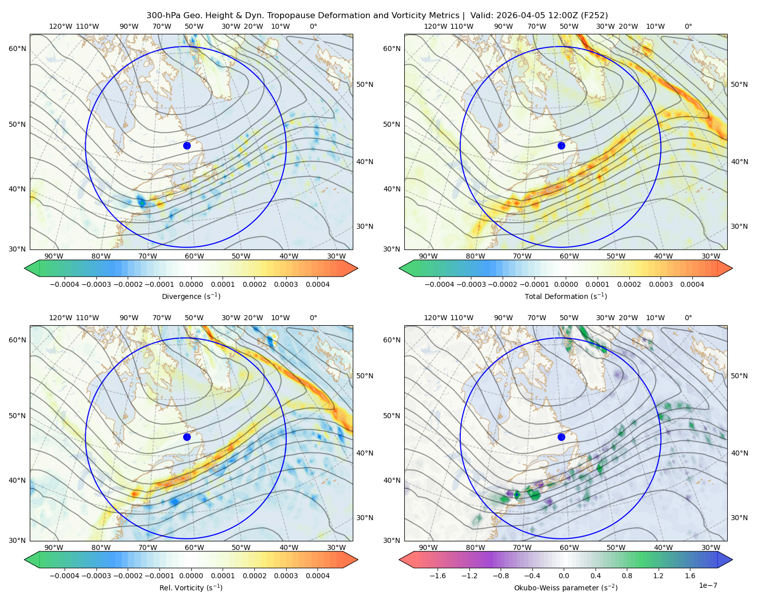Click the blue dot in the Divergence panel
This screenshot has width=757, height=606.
[x=187, y=146]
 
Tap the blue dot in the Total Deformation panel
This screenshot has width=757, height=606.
[x=561, y=146]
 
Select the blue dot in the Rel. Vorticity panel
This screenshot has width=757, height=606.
[x=187, y=437]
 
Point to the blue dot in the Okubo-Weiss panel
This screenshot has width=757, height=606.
[x=561, y=437]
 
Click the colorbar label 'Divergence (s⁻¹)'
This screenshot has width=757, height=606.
[x=191, y=296]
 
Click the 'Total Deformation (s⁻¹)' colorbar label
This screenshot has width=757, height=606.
[x=566, y=296]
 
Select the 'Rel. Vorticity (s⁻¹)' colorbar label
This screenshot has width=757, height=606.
[x=191, y=588]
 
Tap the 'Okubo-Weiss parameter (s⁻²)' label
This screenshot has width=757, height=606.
[x=566, y=588]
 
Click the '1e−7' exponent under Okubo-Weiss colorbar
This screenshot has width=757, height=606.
[x=708, y=586]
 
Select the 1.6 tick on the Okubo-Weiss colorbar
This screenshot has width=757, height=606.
[x=690, y=576]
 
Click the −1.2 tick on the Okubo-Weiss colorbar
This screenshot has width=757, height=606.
[x=469, y=576]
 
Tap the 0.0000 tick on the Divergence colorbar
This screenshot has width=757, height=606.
[x=191, y=284]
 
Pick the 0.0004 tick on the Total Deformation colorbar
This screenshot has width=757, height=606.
[x=692, y=284]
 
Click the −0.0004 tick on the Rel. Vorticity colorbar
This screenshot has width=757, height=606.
[x=65, y=576]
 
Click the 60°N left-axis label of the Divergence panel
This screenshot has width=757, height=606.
[x=17, y=48]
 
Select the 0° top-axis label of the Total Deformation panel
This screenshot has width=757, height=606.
[x=688, y=26]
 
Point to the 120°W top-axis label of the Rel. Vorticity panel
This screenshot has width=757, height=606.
[x=61, y=318]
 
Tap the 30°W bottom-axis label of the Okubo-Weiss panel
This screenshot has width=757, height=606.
[x=711, y=547]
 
